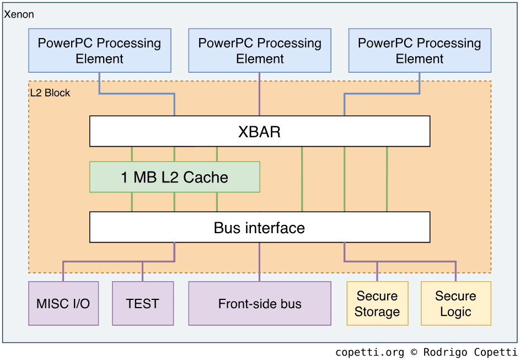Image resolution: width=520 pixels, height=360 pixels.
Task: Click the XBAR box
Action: coord(259,131)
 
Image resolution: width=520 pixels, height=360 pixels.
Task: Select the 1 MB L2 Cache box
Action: coord(174,177)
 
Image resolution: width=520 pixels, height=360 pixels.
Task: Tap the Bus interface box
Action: coord(259,228)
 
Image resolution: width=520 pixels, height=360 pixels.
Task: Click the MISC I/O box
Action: coord(63,304)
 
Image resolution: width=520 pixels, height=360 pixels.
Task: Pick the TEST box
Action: coord(142,304)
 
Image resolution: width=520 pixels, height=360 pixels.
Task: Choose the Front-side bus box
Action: coord(259,304)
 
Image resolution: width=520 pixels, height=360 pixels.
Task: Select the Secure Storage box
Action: coord(377,304)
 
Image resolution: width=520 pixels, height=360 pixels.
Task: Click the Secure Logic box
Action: coord(455,304)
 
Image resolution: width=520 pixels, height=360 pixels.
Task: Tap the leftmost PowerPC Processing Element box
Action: coord(100,51)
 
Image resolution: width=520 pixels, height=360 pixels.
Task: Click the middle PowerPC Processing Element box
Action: coord(259,51)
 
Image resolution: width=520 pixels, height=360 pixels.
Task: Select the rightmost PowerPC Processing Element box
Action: coord(420,51)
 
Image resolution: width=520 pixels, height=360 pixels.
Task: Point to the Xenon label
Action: coord(19,14)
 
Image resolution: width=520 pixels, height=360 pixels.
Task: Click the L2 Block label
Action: coord(50,93)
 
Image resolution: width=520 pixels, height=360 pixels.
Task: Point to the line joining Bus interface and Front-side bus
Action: coord(259,262)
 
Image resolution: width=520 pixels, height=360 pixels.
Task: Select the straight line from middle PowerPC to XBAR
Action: coord(259,94)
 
